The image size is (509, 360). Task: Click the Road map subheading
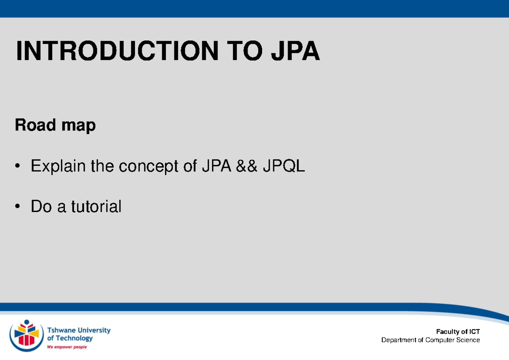[x=55, y=126]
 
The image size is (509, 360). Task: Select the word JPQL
[x=284, y=167]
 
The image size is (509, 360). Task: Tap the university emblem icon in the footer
[x=26, y=335]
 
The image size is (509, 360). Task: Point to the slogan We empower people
[x=67, y=347]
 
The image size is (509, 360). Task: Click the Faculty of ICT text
[x=459, y=332]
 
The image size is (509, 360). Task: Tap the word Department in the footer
[x=399, y=340]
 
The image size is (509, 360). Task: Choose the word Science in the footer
[x=467, y=340]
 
